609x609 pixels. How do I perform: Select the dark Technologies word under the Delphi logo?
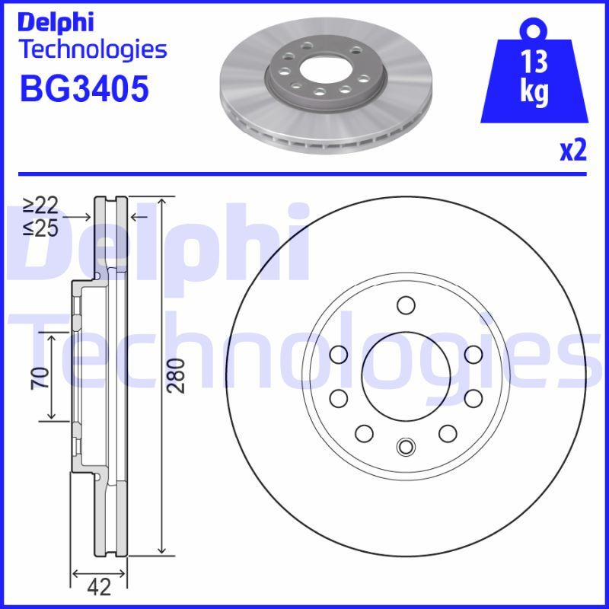click(91, 50)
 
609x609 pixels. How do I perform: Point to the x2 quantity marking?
click(572, 151)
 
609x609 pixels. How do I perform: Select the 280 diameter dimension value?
click(176, 375)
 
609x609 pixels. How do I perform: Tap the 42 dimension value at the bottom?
click(99, 587)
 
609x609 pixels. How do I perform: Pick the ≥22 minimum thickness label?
click(40, 205)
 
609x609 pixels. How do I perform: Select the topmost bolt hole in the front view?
click(405, 306)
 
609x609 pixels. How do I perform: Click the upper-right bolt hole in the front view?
click(472, 354)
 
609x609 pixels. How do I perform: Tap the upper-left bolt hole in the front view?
click(339, 354)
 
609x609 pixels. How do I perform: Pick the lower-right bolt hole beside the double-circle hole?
click(446, 433)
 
